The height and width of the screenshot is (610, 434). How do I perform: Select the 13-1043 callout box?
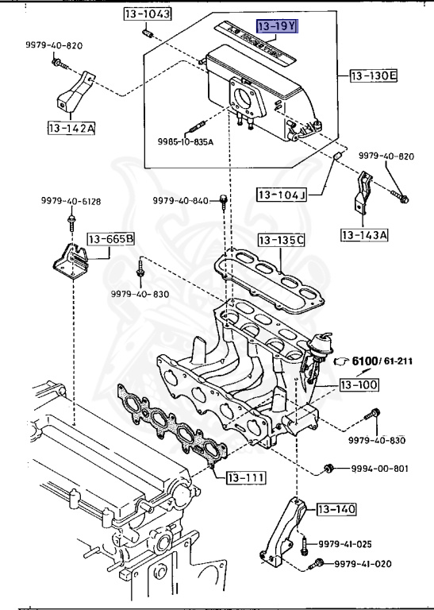pos(147,14)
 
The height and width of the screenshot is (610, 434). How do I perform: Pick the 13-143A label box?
pos(364,234)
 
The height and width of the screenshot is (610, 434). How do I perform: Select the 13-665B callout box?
pos(110,237)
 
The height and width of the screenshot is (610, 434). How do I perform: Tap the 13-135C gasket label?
pos(281,239)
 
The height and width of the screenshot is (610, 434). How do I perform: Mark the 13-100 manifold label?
pos(359,385)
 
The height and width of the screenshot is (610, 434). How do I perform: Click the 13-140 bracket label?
pos(336,508)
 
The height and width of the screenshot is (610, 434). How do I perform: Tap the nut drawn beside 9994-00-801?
pos(328,469)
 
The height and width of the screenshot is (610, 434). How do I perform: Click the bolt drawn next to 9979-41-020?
pos(317,564)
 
